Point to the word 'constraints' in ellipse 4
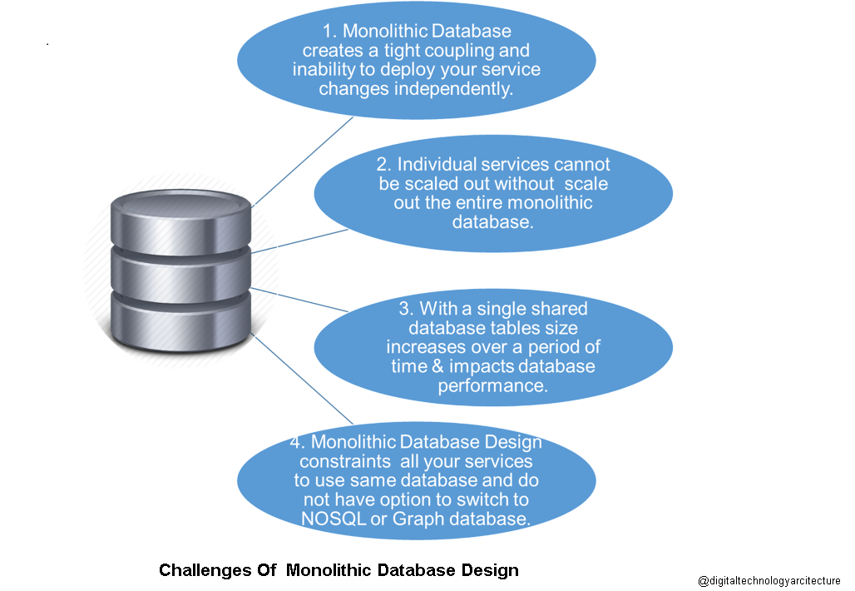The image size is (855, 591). point(337,461)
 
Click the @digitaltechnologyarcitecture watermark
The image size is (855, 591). point(769,580)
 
